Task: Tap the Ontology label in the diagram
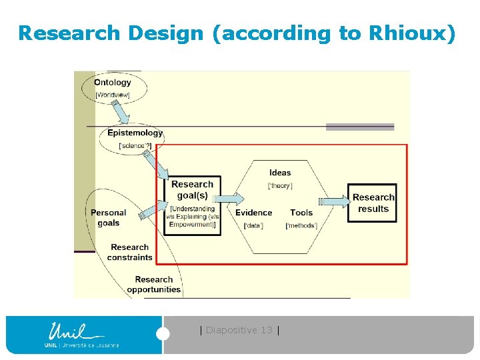tap(113, 83)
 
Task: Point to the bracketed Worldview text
tap(113, 95)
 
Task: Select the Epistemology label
tap(135, 133)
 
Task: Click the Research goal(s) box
tap(192, 190)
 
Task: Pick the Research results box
tap(373, 203)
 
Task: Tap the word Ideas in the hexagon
tap(280, 173)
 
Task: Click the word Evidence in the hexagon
tap(253, 213)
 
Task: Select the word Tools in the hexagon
tap(301, 213)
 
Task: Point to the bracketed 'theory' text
tap(280, 185)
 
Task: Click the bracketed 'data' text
tap(253, 225)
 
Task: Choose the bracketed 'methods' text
tap(301, 225)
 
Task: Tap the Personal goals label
tap(109, 217)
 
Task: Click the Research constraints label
tap(130, 252)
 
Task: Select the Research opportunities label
tap(154, 285)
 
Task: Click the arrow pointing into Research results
tap(335, 201)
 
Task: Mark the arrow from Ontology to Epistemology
tap(120, 111)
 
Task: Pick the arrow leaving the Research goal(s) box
tap(229, 198)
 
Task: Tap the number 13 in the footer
tap(267, 330)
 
